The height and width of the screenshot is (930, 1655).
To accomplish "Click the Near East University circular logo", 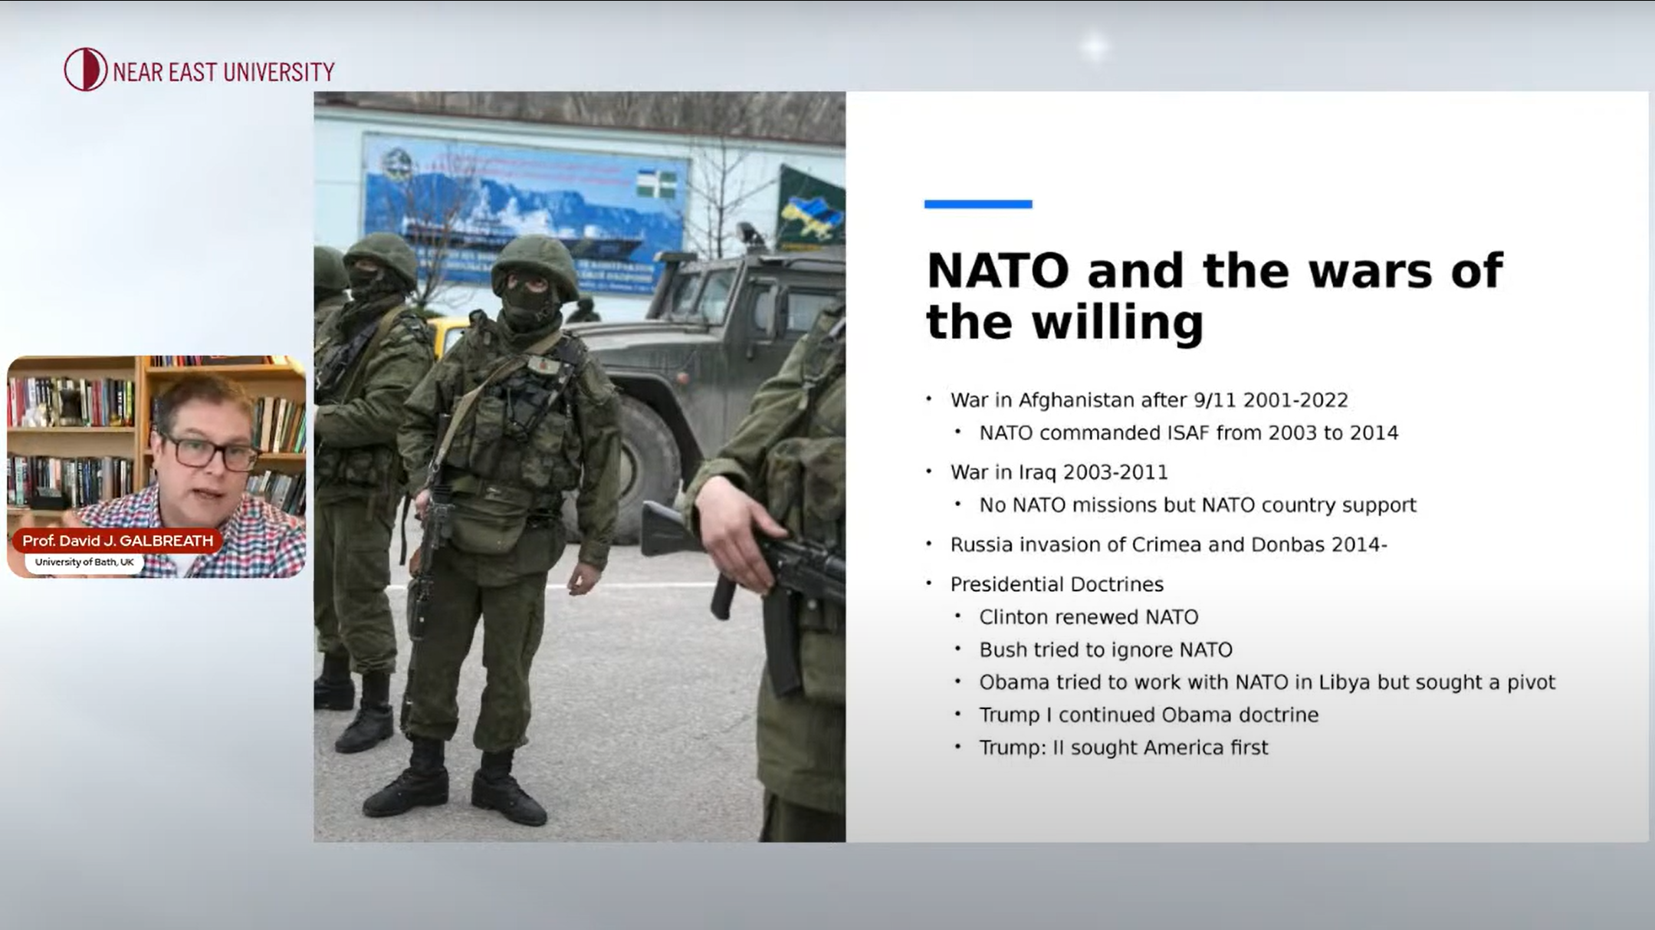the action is pos(85,70).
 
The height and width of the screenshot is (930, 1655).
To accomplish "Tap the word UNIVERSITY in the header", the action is pos(279,72).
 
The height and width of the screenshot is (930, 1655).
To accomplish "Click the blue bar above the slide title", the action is pos(978,204).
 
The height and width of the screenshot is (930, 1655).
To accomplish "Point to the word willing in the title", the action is pos(1118,323).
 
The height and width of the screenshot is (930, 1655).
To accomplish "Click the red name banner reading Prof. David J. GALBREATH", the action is pos(117,541).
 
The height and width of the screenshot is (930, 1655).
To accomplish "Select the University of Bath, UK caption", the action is pos(84,562).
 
